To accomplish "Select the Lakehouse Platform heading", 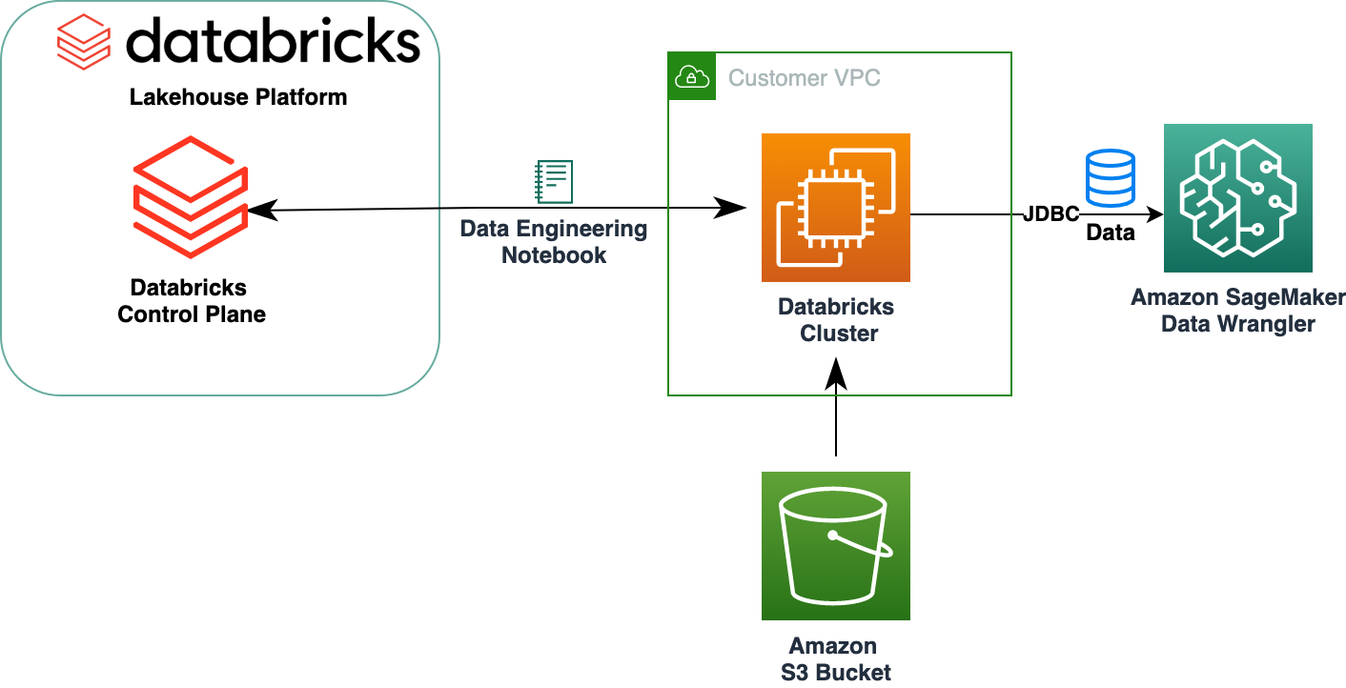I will point(238,97).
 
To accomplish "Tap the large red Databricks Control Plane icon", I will point(191,196).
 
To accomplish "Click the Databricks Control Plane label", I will point(191,301).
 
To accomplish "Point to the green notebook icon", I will point(554,181).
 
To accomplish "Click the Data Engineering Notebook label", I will point(554,242).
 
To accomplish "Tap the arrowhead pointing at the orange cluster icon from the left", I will point(731,207).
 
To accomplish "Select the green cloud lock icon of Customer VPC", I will point(691,77).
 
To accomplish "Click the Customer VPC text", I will point(804,78).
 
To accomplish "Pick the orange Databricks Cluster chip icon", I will point(835,208).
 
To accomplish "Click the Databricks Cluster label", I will point(836,320).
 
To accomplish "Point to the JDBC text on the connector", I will point(1050,214).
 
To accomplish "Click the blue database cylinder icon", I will point(1111,177).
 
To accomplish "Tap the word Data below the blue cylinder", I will point(1111,233).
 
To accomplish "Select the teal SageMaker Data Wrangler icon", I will point(1237,198).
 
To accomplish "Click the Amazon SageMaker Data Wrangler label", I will point(1237,311).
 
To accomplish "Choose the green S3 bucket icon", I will point(835,545).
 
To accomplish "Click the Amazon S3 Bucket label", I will point(835,659).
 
